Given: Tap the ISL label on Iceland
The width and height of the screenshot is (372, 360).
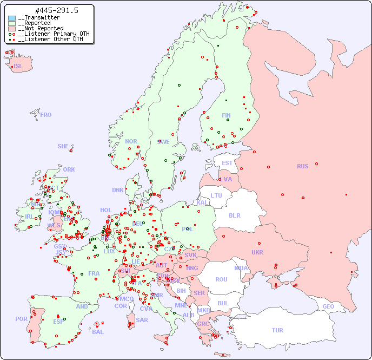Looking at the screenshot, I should click(x=18, y=67).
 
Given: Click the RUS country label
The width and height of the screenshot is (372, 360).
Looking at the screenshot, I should click(x=302, y=166).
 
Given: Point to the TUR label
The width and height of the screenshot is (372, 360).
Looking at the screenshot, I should click(x=277, y=330).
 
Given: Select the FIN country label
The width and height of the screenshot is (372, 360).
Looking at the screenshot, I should click(x=226, y=115).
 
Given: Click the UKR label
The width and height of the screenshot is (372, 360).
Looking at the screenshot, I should click(x=257, y=252).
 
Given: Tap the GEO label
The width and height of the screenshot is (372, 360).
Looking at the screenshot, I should click(x=328, y=306).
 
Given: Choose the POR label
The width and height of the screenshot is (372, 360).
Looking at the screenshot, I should click(x=21, y=319).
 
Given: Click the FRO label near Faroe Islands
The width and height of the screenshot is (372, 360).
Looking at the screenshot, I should click(x=45, y=115).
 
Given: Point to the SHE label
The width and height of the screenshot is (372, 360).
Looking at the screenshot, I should click(x=63, y=146).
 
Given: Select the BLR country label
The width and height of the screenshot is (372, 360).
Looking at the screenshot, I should click(x=234, y=215).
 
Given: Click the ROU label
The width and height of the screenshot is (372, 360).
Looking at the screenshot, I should click(x=221, y=279).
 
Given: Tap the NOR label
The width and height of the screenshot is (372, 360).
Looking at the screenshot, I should click(x=131, y=141).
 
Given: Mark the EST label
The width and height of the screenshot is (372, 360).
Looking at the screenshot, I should click(x=227, y=163).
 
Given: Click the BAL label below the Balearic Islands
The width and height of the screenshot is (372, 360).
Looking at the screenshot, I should click(x=97, y=332).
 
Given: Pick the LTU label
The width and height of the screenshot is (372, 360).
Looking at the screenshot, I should click(x=216, y=195).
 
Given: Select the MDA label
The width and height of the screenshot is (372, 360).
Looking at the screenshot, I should click(x=241, y=268).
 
